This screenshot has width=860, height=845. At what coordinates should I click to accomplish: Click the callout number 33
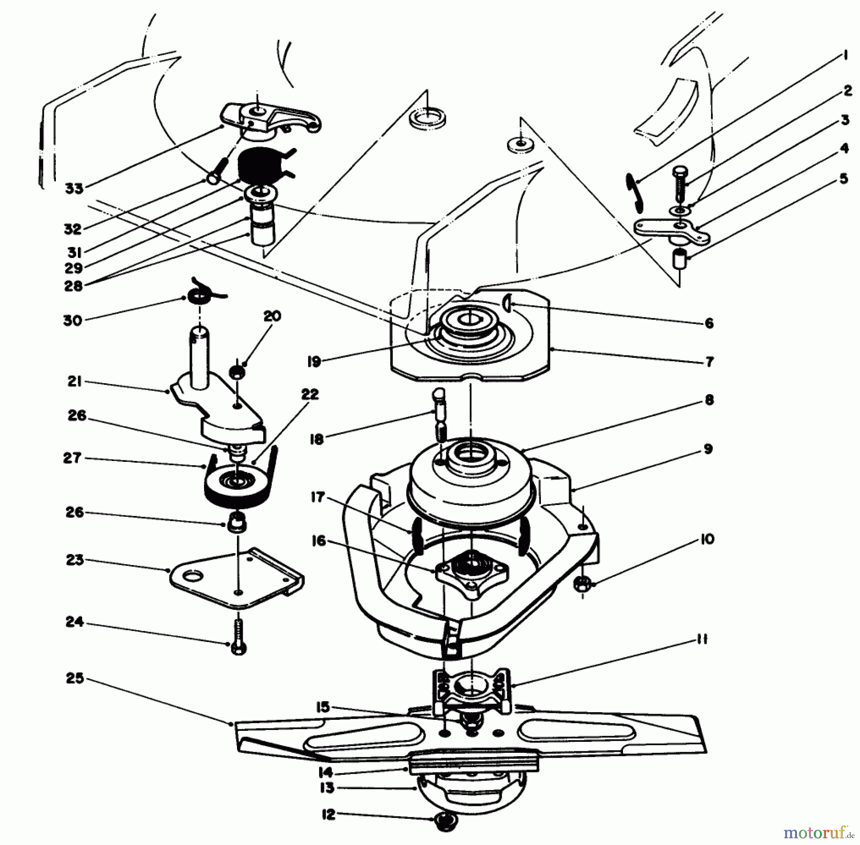(74, 188)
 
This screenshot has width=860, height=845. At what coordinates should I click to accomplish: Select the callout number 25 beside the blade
(75, 678)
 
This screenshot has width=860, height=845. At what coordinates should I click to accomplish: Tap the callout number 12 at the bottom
(328, 815)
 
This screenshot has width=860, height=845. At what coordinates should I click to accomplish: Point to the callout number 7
(709, 362)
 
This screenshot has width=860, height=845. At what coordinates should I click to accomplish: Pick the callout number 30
(73, 320)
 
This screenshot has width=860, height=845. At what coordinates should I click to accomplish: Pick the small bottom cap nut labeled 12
(445, 820)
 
